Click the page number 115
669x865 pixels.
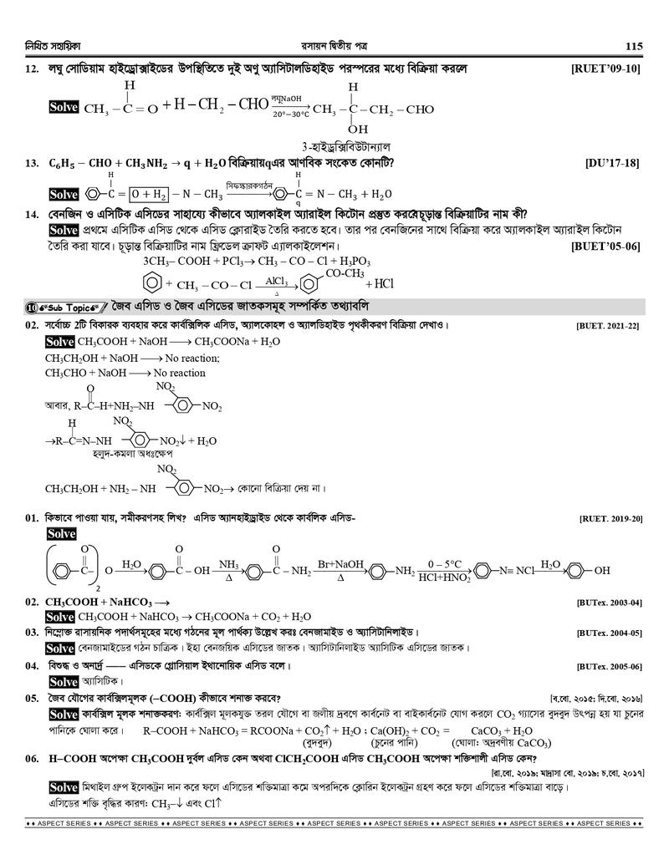[632, 46]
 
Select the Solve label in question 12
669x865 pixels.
[64, 108]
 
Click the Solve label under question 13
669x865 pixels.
[64, 195]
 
